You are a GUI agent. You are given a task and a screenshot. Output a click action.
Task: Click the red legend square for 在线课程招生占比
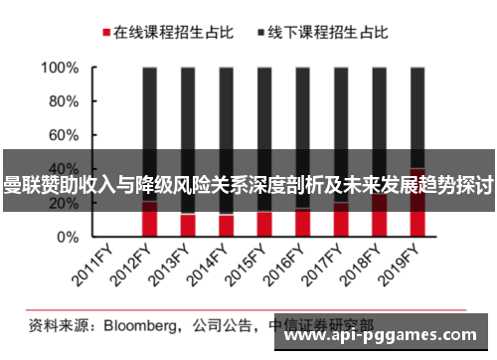coord(103,33)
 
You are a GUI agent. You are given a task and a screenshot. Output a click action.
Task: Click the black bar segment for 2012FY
coord(150,109)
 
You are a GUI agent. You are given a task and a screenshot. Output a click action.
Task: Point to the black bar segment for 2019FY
coord(416,109)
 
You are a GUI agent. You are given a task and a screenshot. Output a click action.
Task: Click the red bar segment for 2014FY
coord(226,226)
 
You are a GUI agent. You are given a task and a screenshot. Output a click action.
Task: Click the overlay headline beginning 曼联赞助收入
coord(248,183)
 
